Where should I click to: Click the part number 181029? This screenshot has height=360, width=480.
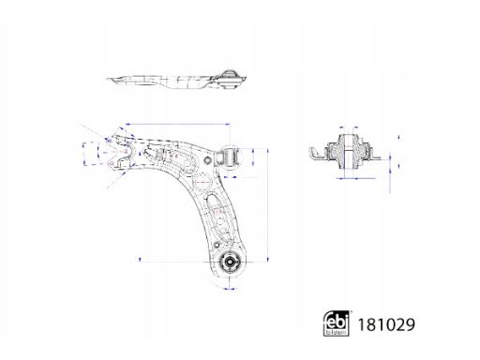(386, 324)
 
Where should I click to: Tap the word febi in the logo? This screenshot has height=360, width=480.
(336, 321)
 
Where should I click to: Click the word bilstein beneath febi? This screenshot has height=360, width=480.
(337, 333)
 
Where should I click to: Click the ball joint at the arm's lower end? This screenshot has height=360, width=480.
(229, 261)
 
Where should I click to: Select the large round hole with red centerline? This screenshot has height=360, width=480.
(202, 182)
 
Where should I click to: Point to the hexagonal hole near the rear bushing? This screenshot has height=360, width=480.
(208, 159)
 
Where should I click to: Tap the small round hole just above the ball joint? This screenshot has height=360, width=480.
(217, 245)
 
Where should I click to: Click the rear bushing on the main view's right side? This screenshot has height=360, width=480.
(231, 157)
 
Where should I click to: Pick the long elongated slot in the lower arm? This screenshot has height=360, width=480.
(218, 216)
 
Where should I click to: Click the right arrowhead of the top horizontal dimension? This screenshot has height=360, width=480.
(229, 125)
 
